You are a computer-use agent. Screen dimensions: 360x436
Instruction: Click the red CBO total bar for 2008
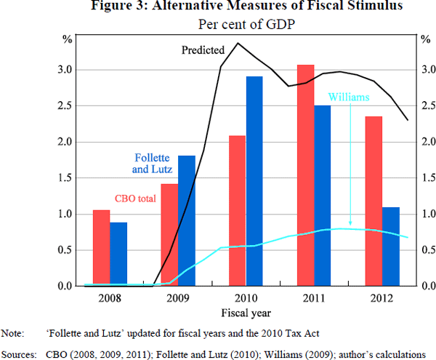101,248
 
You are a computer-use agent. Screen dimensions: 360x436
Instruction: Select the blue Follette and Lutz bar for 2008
118,255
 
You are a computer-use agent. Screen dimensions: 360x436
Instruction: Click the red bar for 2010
238,211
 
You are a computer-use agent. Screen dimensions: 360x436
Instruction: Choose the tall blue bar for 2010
254,181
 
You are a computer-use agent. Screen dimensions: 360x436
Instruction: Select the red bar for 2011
306,175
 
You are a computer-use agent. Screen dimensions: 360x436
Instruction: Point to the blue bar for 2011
323,196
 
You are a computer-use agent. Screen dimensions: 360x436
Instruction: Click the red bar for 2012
374,201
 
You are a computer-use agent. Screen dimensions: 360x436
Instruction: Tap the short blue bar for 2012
391,247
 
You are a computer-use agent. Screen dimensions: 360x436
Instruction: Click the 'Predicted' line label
203,51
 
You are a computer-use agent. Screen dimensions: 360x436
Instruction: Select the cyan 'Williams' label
350,96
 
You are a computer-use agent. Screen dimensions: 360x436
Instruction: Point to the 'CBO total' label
135,198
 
